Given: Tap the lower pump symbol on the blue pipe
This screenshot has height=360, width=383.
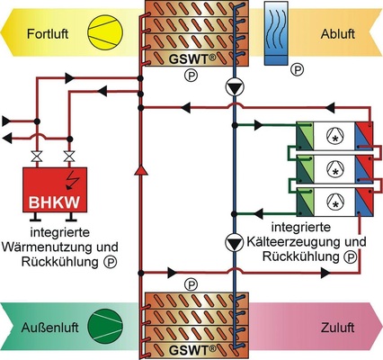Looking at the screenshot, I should pos(233,241).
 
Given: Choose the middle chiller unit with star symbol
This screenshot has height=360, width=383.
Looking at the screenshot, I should pos(334,167).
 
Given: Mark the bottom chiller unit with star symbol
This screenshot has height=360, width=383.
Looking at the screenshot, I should pos(334,199).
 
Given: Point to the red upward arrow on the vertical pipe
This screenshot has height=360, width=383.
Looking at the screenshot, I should pos(140,168).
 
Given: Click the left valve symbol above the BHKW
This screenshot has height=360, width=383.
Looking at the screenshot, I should pos(36,158).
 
